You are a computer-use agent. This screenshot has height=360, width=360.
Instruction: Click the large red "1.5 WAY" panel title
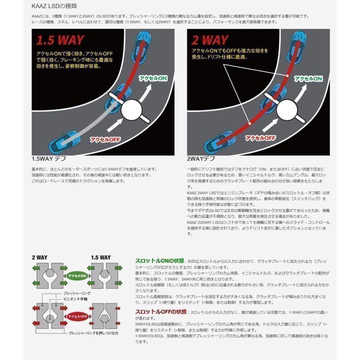pos(60,40)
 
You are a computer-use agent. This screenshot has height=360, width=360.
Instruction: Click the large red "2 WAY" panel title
pos(210,40)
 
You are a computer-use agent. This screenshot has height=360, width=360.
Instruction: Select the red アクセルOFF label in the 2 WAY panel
pos(260,138)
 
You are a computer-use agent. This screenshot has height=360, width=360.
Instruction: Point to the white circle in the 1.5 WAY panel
pos(132,109)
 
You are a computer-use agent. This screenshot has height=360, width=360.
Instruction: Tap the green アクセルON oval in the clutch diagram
pos(76,276)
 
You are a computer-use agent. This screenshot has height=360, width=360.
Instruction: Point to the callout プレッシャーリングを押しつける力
pos(92,333)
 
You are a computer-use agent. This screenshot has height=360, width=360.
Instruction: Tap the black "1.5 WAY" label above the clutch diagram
pos(101,258)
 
